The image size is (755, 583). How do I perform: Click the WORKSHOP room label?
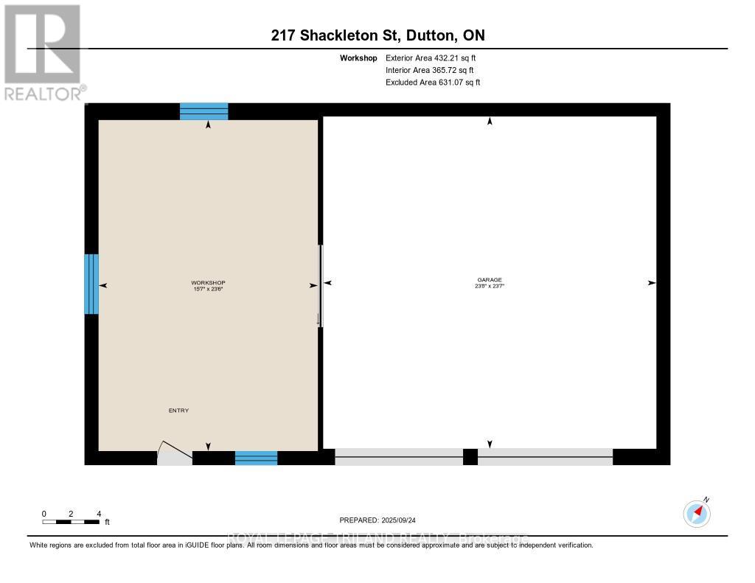pos(208,283)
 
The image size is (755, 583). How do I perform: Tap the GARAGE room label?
pos(490,279)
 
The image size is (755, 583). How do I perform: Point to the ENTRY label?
pos(178,411)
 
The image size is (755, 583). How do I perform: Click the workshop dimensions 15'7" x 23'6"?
pos(208,289)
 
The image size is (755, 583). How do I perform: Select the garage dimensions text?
pos(490,285)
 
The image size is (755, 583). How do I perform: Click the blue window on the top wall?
pos(204,111)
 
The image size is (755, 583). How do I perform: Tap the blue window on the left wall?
pos(91,284)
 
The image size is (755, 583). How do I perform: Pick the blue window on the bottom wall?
pos(256,458)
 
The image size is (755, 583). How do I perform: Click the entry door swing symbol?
pos(174,454)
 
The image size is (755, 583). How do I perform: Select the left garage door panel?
pos(399,457)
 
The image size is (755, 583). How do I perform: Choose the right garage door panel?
pos(545,457)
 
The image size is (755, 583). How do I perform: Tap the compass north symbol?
pos(697,513)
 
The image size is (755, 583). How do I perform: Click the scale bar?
pos(71,522)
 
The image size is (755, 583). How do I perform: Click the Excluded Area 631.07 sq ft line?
pos(433,83)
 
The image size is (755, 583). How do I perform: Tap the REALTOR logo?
pos(43,52)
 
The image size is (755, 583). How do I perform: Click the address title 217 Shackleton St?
pos(377,35)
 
